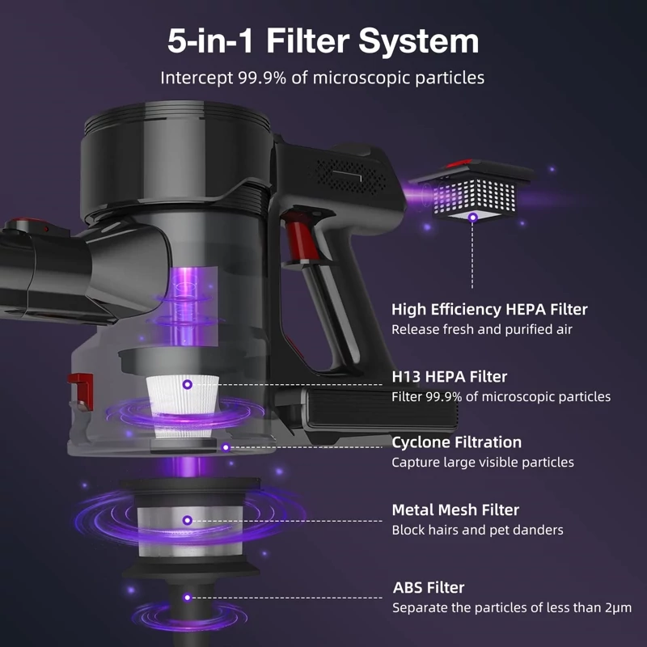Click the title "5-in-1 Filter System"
pyautogui.click(x=323, y=41)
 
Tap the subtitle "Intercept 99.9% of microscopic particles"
pyautogui.click(x=322, y=78)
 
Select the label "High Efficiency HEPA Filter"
pyautogui.click(x=489, y=310)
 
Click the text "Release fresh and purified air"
pyautogui.click(x=481, y=329)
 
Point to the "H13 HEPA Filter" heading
pyautogui.click(x=450, y=376)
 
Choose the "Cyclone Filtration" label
pyautogui.click(x=456, y=442)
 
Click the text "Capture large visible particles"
pyautogui.click(x=482, y=462)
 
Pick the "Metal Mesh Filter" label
pyautogui.click(x=455, y=510)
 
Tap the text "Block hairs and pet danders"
pyautogui.click(x=477, y=530)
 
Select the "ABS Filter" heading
pyautogui.click(x=429, y=587)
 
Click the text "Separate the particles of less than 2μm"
pyautogui.click(x=512, y=608)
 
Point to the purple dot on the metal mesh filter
pyautogui.click(x=188, y=520)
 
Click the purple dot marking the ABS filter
pyautogui.click(x=188, y=598)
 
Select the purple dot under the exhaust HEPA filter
pyautogui.click(x=473, y=218)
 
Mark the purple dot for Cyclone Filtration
pyautogui.click(x=226, y=447)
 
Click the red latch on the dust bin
pyautogui.click(x=81, y=391)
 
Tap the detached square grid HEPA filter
pyautogui.click(x=474, y=190)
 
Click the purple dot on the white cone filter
pyautogui.click(x=188, y=385)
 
